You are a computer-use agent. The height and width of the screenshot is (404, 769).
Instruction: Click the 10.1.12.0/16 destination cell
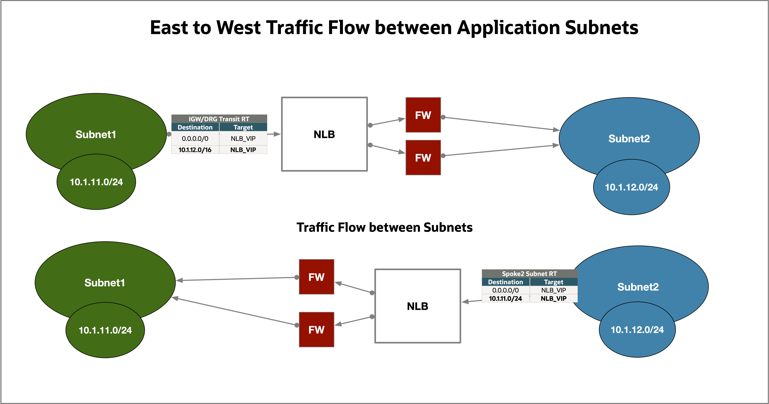[x=195, y=150]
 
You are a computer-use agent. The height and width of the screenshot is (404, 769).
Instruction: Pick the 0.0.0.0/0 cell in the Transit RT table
[x=195, y=138]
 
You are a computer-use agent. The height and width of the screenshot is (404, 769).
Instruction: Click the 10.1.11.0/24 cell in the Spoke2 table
[x=505, y=298]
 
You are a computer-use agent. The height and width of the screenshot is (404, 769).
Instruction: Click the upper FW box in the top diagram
[x=423, y=115]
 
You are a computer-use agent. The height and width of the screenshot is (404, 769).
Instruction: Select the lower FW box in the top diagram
[x=423, y=158]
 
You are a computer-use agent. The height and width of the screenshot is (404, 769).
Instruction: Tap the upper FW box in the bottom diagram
[x=316, y=277]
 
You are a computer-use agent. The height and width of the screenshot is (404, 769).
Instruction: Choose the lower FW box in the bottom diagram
[x=316, y=330]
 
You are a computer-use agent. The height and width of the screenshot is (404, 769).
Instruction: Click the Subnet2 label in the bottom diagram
[x=638, y=287]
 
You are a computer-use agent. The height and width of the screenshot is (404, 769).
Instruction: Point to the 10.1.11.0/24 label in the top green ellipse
[x=96, y=182]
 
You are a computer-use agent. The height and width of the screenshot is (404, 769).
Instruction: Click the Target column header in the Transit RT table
[x=243, y=127]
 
